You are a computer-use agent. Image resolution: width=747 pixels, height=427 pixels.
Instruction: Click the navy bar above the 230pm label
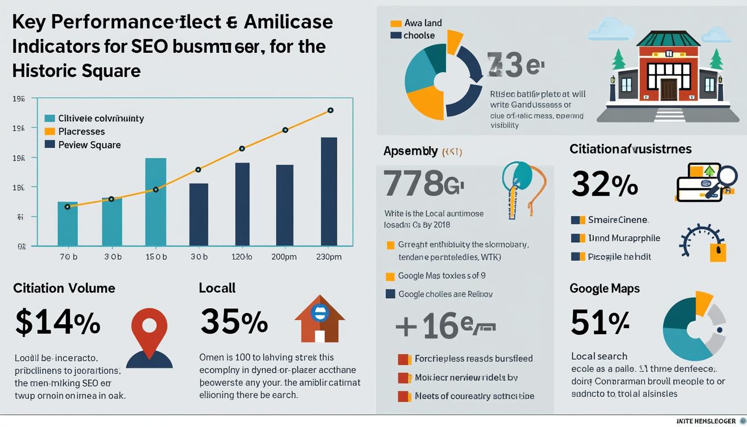click(x=328, y=191)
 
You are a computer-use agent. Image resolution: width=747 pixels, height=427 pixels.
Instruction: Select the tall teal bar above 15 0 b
click(x=156, y=202)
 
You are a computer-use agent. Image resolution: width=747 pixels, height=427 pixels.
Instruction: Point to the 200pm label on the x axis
click(x=283, y=257)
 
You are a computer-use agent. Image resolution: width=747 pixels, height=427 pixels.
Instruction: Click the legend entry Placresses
click(x=81, y=132)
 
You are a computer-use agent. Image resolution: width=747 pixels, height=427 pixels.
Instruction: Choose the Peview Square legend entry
click(x=89, y=145)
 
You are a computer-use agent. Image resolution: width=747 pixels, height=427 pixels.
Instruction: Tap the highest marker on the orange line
click(x=330, y=110)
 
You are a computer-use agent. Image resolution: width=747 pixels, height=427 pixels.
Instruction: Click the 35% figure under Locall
click(x=233, y=322)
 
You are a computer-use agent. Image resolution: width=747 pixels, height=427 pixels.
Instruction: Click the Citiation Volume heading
click(x=64, y=288)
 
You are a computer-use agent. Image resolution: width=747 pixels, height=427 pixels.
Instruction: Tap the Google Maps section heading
click(x=604, y=289)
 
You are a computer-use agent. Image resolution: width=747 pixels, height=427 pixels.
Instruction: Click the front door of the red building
click(x=669, y=89)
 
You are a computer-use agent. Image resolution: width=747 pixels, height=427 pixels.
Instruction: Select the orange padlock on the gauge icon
click(x=718, y=252)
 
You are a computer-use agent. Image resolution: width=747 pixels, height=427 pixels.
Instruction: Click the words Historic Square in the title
click(x=76, y=71)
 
